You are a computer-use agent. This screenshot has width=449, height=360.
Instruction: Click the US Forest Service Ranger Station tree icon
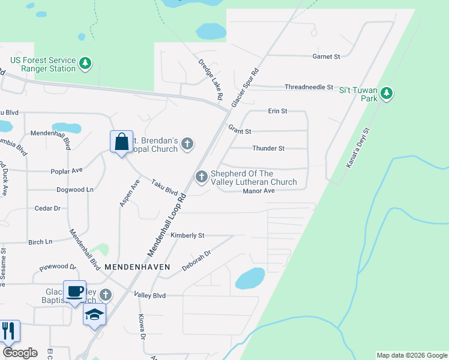pyautogui.click(x=86, y=63)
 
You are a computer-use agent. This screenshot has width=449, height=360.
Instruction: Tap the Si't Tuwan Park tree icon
pyautogui.click(x=387, y=93)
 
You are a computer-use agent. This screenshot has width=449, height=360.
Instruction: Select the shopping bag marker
pyautogui.click(x=121, y=142)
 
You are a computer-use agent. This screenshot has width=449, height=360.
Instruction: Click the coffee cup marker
pyautogui.click(x=74, y=292)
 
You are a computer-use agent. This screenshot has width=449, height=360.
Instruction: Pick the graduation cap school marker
pyautogui.click(x=94, y=314)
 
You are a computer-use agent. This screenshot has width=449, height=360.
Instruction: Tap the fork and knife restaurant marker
pyautogui.click(x=8, y=331)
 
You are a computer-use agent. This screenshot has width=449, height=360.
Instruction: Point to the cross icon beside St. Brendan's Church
pyautogui.click(x=187, y=143)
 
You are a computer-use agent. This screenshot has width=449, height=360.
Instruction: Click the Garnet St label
pyautogui.click(x=326, y=56)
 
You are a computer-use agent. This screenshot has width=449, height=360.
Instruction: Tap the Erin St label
pyautogui.click(x=278, y=111)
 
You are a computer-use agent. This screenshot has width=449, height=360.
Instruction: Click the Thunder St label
pyautogui.click(x=268, y=148)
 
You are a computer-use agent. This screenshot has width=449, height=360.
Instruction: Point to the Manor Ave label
pyautogui.click(x=259, y=191)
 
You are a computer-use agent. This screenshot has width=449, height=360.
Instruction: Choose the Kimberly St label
pyautogui.click(x=188, y=235)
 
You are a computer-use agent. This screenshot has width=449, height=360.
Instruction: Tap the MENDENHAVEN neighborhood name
pyautogui.click(x=137, y=266)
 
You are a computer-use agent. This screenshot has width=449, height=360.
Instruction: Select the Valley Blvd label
pyautogui.click(x=149, y=296)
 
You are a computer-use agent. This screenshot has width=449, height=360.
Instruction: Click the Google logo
pyautogui.click(x=20, y=353)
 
